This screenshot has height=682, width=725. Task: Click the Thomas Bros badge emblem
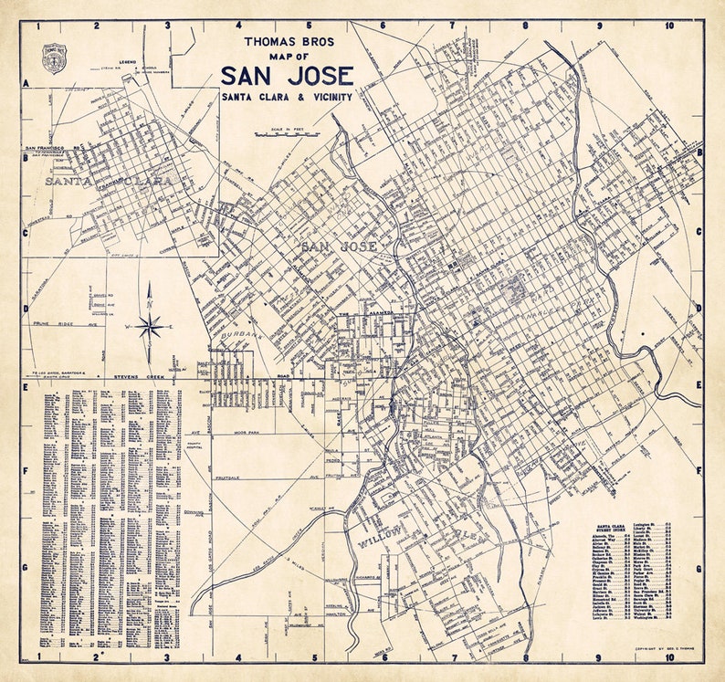tap(54, 58)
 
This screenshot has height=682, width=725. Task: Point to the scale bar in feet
tap(285, 133)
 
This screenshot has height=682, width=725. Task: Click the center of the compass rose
tap(151, 324)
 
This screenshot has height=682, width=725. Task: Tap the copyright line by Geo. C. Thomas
tap(657, 647)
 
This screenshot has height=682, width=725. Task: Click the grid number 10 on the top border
tap(669, 26)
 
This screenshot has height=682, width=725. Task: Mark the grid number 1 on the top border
tap(39, 26)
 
